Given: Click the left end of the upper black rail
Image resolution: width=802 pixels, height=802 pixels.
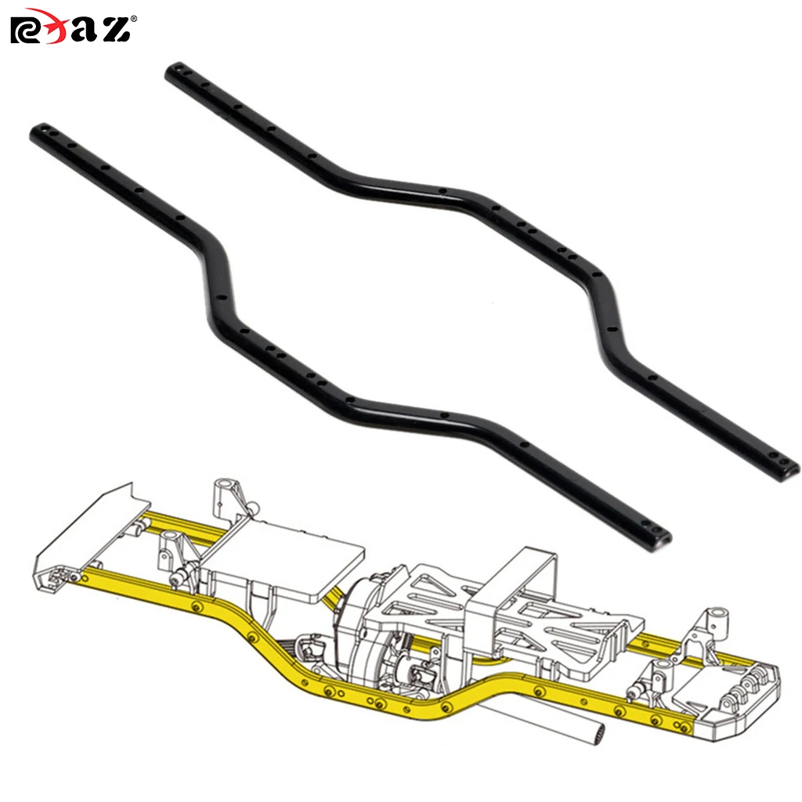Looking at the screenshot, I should [174, 73].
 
